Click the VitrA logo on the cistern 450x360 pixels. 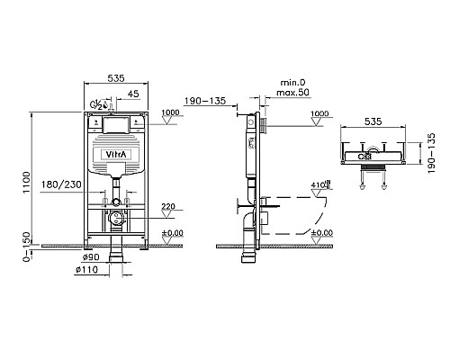pyautogui.click(x=117, y=155)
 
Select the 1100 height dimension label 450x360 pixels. pyautogui.click(x=27, y=182)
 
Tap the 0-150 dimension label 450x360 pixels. pyautogui.click(x=27, y=247)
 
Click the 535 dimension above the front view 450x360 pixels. pyautogui.click(x=116, y=78)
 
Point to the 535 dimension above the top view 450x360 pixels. pyautogui.click(x=373, y=121)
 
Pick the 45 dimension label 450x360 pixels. pyautogui.click(x=133, y=94)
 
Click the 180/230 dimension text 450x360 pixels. pyautogui.click(x=61, y=184)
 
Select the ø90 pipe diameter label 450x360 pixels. pyautogui.click(x=91, y=257)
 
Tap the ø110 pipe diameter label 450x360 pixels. pyautogui.click(x=86, y=270)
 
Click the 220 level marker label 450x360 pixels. pyautogui.click(x=168, y=206)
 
